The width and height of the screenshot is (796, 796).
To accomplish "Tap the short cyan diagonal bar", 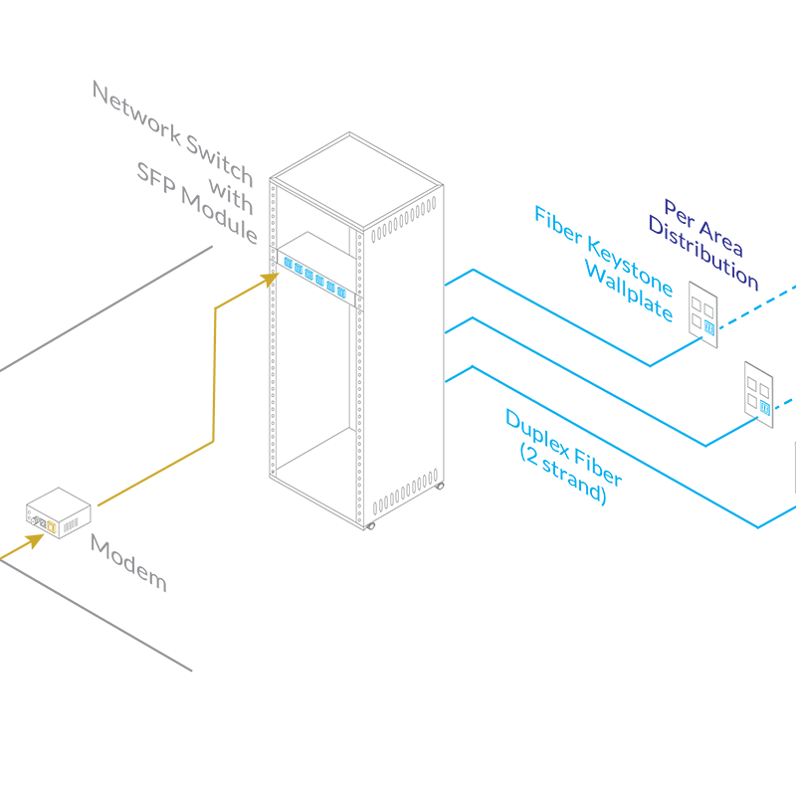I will [x=313, y=278].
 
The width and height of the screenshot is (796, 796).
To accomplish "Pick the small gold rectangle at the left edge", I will [x=22, y=543].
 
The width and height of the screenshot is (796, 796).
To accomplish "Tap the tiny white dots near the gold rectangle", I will [x=32, y=519].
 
